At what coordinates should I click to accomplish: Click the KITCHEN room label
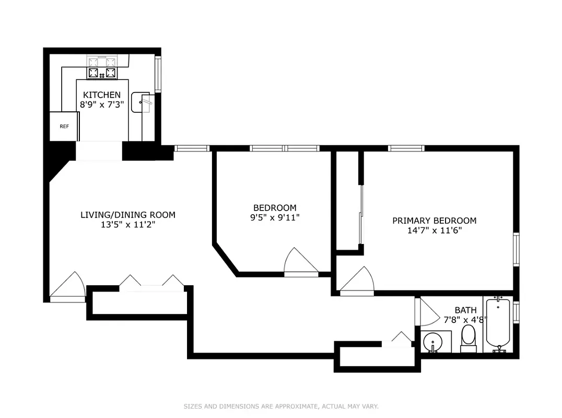tap(102, 95)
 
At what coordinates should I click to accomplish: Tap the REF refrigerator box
tap(64, 126)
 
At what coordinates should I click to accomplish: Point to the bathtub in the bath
tap(498, 324)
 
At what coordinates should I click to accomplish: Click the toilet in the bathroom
tap(468, 336)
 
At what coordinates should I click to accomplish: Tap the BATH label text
tap(465, 310)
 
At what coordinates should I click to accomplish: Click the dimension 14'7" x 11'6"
tap(434, 230)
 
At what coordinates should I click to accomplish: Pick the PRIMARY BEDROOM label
tap(434, 220)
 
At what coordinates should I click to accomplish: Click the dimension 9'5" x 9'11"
tap(275, 217)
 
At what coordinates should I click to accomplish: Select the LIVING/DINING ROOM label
tap(128, 215)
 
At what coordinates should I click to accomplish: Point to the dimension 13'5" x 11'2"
tap(128, 225)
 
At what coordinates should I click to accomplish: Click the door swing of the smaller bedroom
tap(299, 262)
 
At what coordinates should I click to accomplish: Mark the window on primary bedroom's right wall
tap(516, 250)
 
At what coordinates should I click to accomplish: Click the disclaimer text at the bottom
tap(281, 406)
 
